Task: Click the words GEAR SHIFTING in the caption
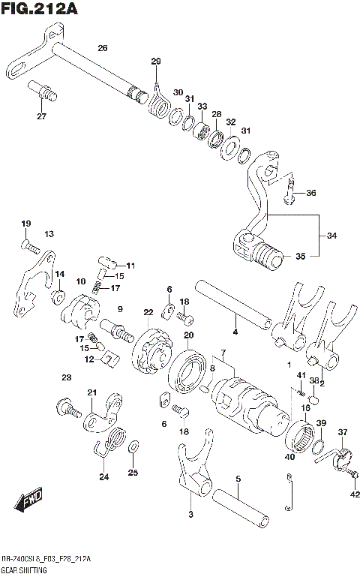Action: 25,571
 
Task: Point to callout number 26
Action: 102,48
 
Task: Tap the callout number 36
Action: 310,193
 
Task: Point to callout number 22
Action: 148,312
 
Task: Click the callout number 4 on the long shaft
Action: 235,331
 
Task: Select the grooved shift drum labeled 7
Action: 248,401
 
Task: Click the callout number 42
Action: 354,494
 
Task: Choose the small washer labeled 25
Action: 133,449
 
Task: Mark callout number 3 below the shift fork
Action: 190,514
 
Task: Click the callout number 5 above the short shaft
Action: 237,478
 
